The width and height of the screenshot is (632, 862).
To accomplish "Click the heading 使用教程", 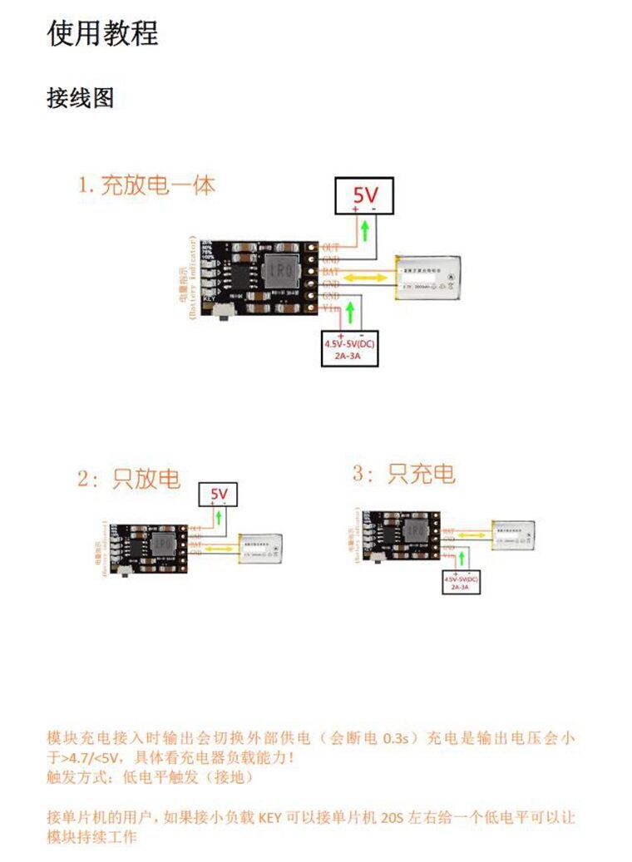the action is coord(102,33).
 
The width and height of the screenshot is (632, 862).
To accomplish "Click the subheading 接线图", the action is coord(80,98).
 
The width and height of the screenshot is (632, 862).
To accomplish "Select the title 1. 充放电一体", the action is coord(146,185).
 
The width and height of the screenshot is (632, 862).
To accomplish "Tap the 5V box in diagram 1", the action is coord(364,196).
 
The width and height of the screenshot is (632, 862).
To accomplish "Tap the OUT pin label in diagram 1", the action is coord(330,247).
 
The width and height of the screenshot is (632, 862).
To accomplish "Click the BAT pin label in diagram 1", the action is coord(330,271).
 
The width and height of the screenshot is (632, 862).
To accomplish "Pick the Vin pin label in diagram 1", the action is coord(330,308).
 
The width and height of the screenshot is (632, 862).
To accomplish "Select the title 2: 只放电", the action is coord(129,479).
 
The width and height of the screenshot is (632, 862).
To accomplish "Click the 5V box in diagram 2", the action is coord(219,495).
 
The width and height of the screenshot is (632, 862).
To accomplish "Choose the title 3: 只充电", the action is coord(404,475).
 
